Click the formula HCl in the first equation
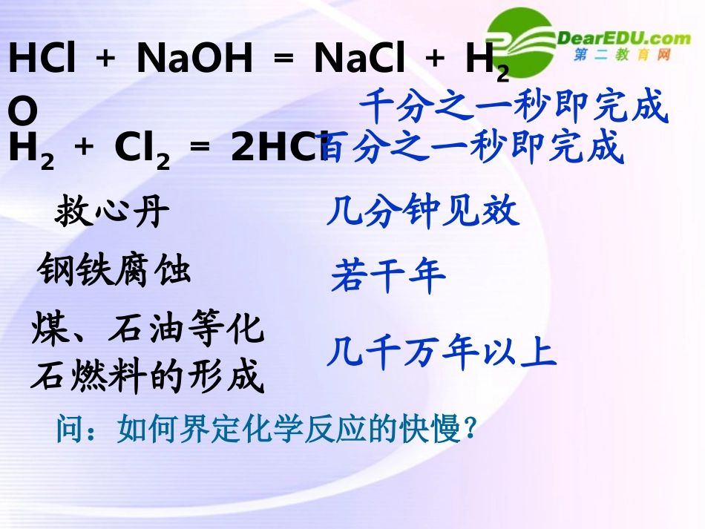(x=42, y=59)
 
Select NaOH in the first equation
(x=194, y=59)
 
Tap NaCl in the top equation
(x=359, y=59)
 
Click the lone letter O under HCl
(x=22, y=111)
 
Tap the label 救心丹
(x=112, y=214)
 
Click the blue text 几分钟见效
(x=423, y=213)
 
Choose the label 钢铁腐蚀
(x=115, y=270)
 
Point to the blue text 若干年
(x=388, y=277)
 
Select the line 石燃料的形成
(x=148, y=378)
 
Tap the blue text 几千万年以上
(x=442, y=353)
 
